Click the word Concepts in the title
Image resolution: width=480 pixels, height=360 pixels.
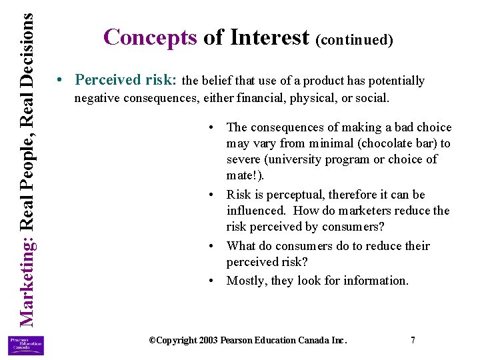150,37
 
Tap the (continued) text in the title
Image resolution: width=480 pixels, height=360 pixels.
355,40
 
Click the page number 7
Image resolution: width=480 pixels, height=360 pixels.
413,340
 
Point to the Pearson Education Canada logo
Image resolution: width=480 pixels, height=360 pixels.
25,345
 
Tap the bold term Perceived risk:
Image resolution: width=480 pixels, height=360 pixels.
127,80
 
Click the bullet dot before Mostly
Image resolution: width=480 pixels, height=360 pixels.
210,280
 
